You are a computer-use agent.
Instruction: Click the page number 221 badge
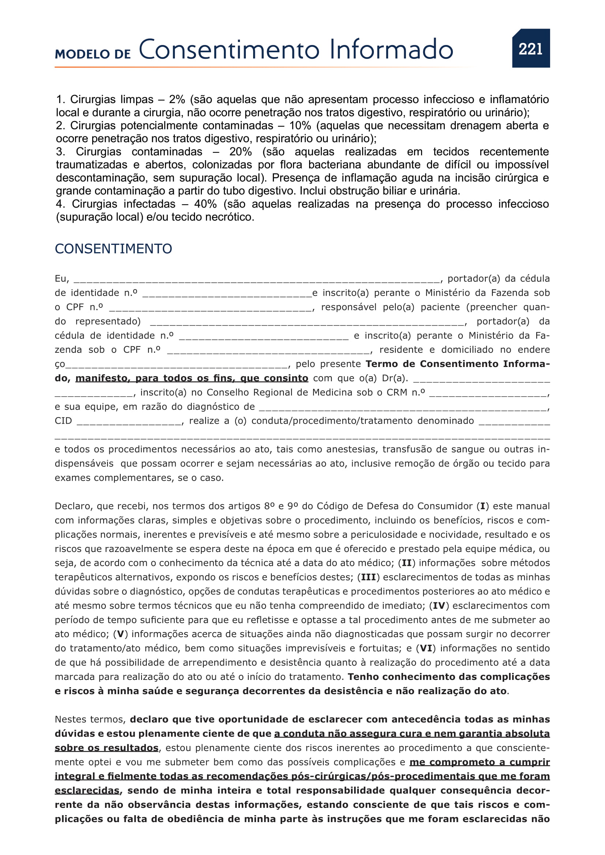530,48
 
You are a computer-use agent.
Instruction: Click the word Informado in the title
391,49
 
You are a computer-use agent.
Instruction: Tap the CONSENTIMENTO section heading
113,249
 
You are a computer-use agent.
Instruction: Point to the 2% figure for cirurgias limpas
177,99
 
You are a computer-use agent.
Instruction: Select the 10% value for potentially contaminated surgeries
300,125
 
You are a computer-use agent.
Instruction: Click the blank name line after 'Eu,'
257,279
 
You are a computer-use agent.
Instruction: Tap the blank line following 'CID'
129,421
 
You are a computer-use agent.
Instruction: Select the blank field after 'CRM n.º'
488,393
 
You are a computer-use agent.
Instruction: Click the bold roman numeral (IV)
439,605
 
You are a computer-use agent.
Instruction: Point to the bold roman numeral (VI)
426,648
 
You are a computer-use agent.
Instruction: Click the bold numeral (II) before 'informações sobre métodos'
406,563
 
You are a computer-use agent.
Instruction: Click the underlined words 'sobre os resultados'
106,748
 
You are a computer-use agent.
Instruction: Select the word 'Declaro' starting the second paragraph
73,506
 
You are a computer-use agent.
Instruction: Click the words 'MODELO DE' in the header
93,54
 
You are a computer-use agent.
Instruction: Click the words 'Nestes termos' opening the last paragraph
90,719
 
